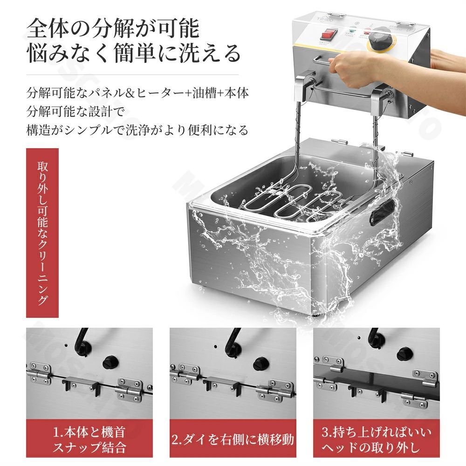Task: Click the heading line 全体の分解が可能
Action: [x=113, y=29]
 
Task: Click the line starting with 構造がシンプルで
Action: [x=137, y=130]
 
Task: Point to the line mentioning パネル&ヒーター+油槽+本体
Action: [x=137, y=92]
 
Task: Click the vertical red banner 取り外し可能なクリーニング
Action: [x=42, y=233]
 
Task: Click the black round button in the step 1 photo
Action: [x=110, y=360]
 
